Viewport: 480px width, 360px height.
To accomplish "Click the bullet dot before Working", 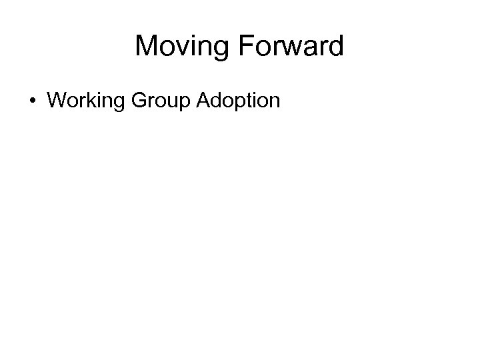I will [x=33, y=101].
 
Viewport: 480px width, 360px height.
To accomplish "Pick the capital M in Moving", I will [x=145, y=47].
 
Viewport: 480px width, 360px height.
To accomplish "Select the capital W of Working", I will [x=58, y=100].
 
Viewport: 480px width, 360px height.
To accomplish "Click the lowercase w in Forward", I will [x=291, y=48].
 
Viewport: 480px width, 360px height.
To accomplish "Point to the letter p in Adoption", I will [x=239, y=103].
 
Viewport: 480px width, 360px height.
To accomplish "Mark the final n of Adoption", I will [x=275, y=101].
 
